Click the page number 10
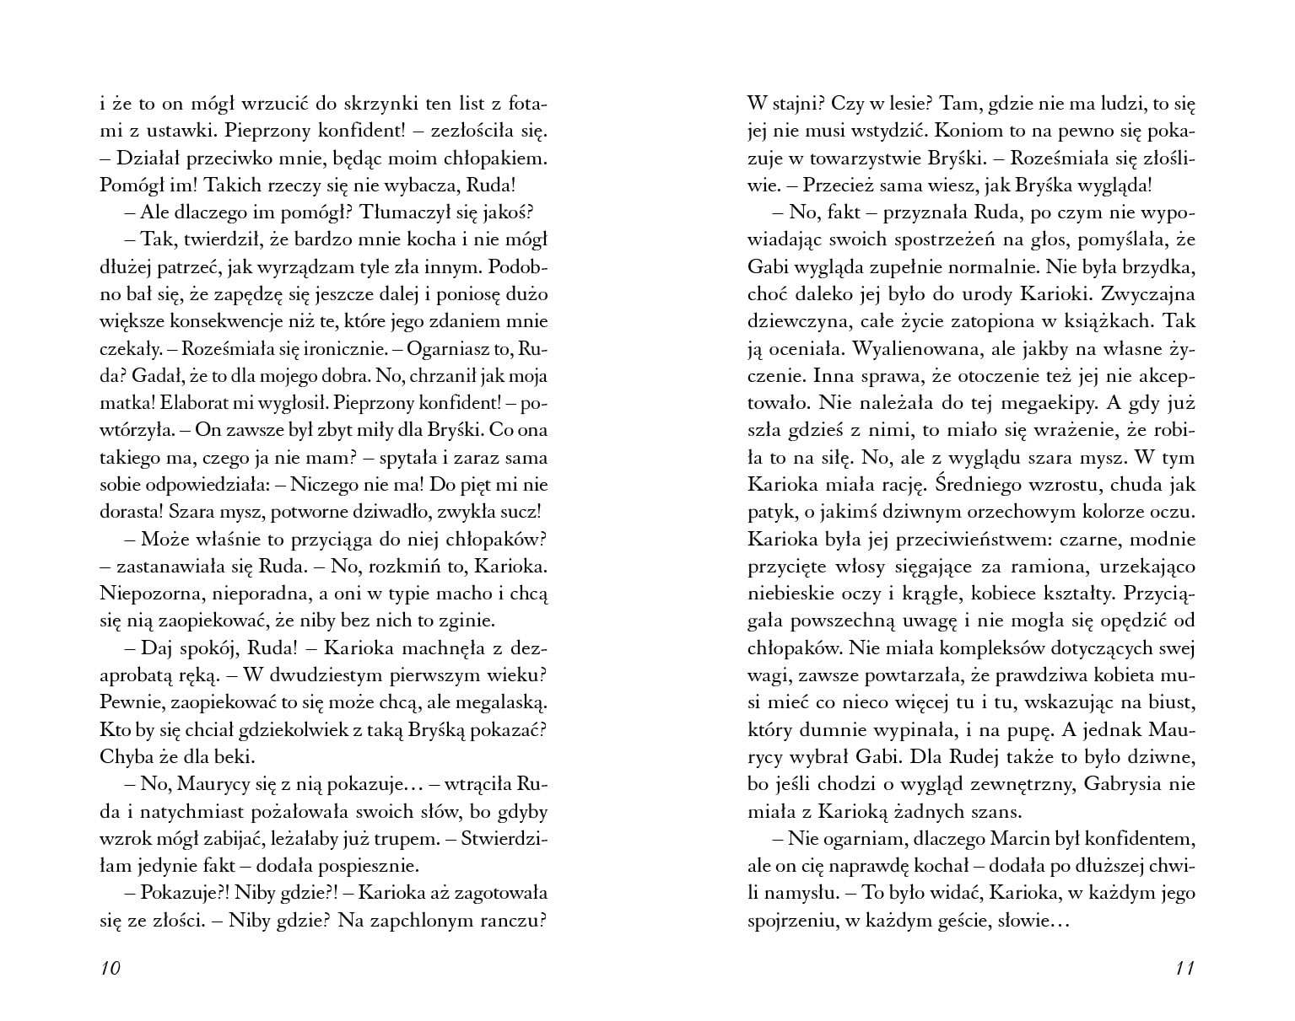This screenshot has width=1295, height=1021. (111, 968)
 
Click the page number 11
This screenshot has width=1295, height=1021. (1184, 968)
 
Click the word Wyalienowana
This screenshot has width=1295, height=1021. (921, 348)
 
